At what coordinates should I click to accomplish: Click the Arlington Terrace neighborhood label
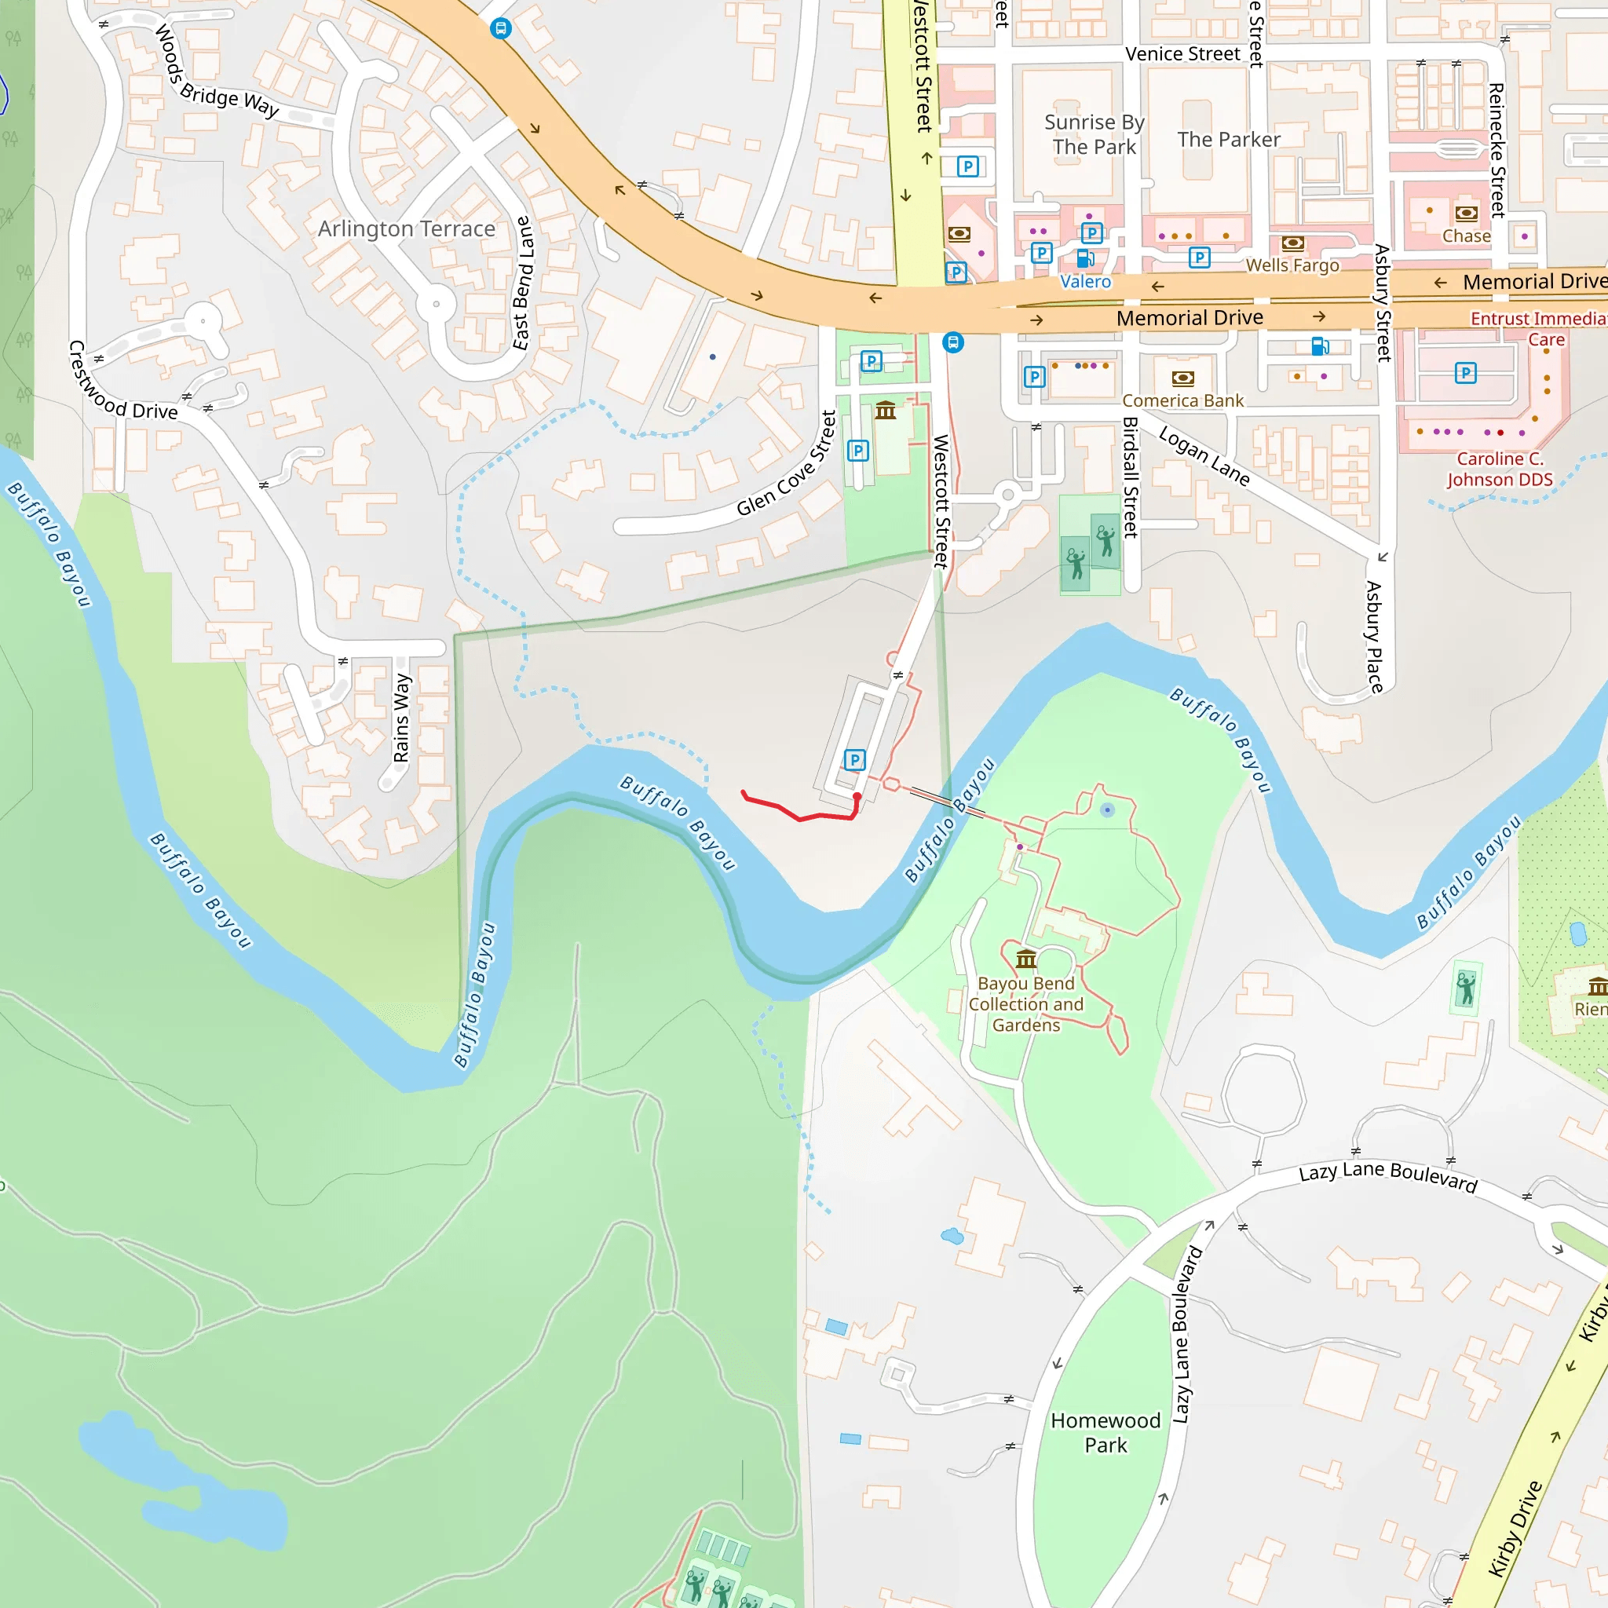[x=406, y=229]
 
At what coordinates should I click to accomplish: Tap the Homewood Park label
[x=1105, y=1432]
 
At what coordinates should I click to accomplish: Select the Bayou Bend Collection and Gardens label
[x=1025, y=1004]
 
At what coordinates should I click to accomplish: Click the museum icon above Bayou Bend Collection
[x=1025, y=959]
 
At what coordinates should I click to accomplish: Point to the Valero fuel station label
[x=1085, y=282]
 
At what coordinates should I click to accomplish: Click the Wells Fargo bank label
[x=1292, y=265]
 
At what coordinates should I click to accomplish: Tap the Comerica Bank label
[x=1182, y=401]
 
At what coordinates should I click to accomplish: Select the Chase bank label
[x=1467, y=236]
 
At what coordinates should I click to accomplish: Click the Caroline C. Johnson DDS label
[x=1500, y=470]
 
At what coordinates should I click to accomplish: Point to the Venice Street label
[x=1182, y=54]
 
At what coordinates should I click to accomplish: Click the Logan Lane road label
[x=1204, y=457]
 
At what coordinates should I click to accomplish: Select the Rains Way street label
[x=402, y=718]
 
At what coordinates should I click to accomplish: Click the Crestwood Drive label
[x=122, y=383]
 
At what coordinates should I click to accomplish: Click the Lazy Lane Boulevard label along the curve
[x=1387, y=1176]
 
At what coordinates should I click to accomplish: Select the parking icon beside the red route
[x=855, y=760]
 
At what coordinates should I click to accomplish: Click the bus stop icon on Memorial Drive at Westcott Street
[x=953, y=343]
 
